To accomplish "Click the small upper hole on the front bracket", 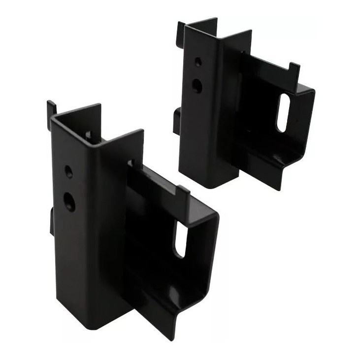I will click(68, 172).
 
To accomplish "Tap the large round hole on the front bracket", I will click(70, 201).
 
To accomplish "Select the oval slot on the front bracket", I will click(180, 240).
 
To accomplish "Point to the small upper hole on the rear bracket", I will click(197, 63).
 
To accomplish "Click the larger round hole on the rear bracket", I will click(197, 86).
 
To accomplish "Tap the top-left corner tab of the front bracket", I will click(51, 108).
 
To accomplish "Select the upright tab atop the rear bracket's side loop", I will click(294, 70).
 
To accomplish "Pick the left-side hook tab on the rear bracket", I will click(177, 121).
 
